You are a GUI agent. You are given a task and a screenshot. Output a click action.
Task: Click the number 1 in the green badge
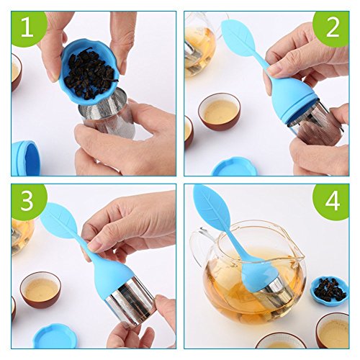(27, 27)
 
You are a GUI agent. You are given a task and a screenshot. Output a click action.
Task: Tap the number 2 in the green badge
(333, 27)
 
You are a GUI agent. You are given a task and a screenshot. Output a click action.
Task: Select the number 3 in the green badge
(27, 201)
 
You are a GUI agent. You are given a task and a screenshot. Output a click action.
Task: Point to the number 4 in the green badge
(333, 201)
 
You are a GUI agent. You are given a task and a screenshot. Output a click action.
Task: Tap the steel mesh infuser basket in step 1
(107, 113)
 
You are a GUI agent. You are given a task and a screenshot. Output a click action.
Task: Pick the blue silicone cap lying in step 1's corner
(25, 158)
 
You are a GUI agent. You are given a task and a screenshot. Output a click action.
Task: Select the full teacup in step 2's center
(220, 112)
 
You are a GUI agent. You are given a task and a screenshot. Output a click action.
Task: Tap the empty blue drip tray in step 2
(235, 166)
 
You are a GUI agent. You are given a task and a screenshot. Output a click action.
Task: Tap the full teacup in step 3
(40, 290)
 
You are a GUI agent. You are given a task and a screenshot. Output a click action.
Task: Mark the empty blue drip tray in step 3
(55, 336)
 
